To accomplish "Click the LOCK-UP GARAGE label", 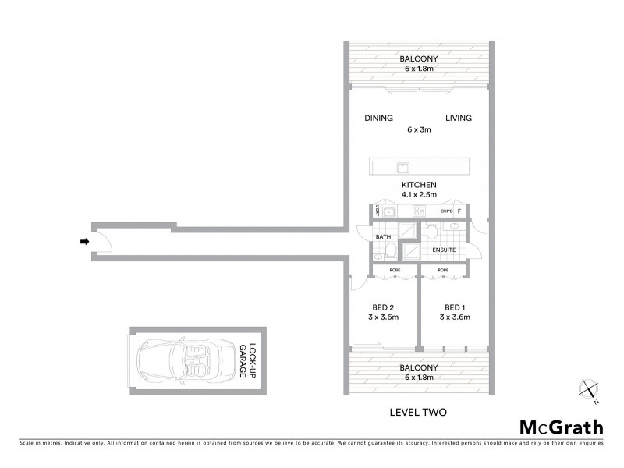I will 247,361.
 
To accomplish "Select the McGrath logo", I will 561,427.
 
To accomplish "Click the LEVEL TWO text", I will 417,411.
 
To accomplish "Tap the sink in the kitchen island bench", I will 403,167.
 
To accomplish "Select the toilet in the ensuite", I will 431,231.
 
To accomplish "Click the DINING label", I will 378,119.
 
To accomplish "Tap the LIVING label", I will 459,119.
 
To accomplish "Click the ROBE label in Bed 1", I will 443,270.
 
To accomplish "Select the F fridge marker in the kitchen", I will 460,211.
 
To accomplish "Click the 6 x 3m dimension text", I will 419,129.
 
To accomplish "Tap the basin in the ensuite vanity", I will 453,226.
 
